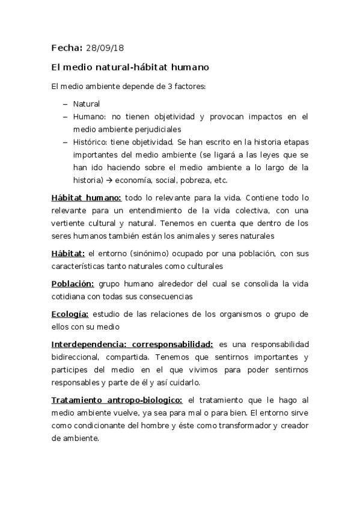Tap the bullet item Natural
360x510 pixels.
pyautogui.click(x=86, y=103)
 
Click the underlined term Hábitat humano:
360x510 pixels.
pyautogui.click(x=87, y=197)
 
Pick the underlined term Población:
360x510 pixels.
pyautogui.click(x=72, y=283)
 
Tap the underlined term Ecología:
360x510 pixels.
pyautogui.click(x=70, y=314)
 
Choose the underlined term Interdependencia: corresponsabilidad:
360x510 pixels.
pyautogui.click(x=132, y=344)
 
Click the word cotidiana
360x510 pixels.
pyautogui.click(x=70, y=296)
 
